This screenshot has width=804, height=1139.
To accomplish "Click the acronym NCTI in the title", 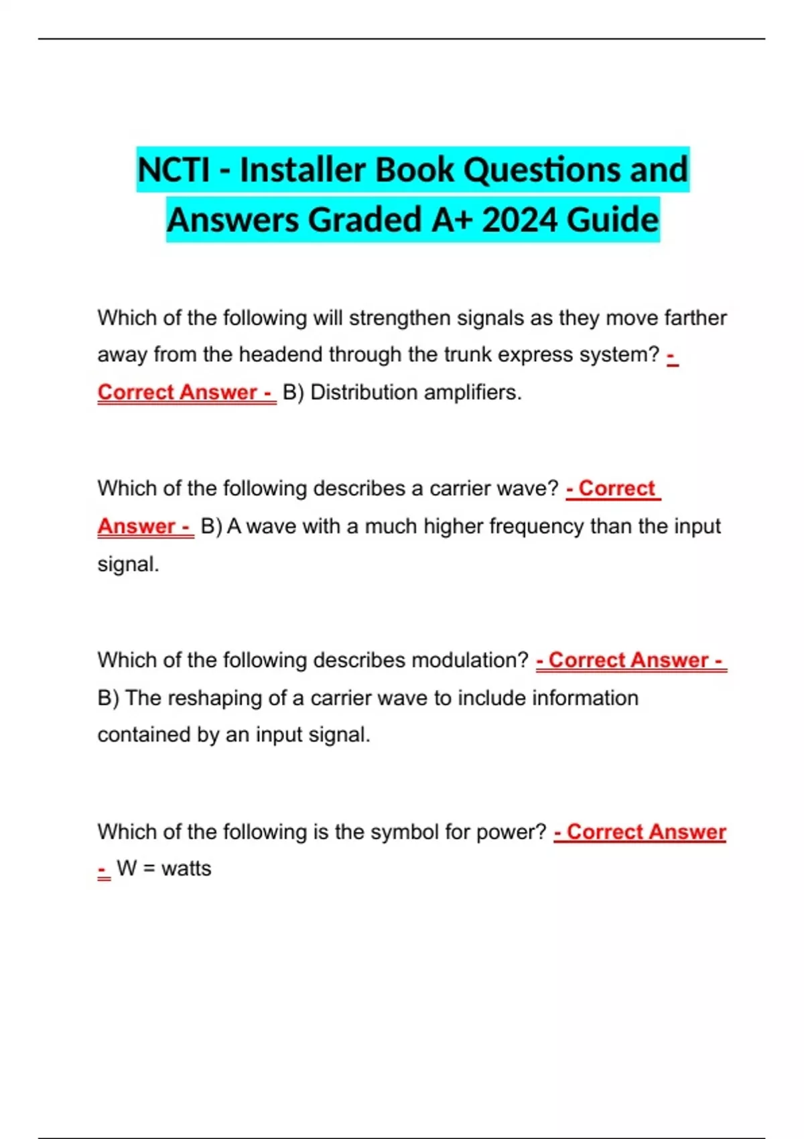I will [174, 170].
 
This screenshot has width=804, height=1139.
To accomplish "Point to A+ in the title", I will [453, 220].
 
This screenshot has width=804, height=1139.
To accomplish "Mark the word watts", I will [186, 869].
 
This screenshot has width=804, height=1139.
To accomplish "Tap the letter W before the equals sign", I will [127, 869].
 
